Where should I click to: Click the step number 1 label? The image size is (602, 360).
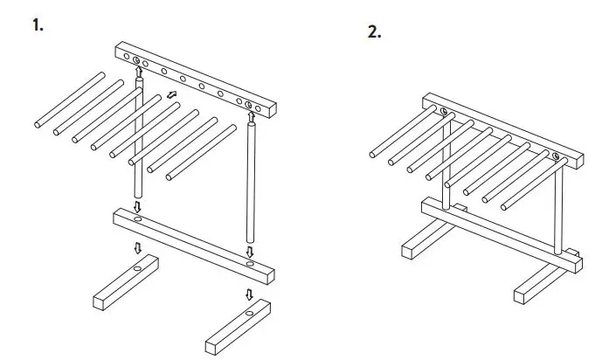(37, 25)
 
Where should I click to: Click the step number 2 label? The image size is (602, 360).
(375, 32)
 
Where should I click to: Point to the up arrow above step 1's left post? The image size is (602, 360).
(138, 71)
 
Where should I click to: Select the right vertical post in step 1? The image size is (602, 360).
(253, 183)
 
